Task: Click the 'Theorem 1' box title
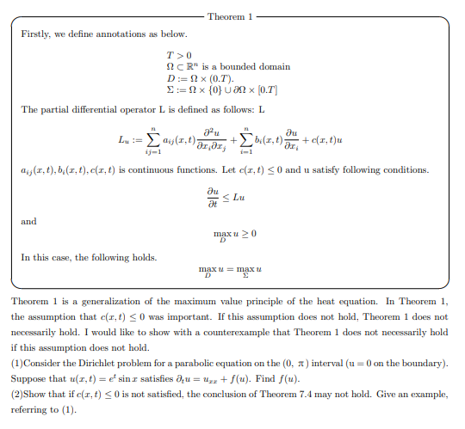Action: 230,17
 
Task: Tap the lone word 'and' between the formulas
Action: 28,220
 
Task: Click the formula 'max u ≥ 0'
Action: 234,233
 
